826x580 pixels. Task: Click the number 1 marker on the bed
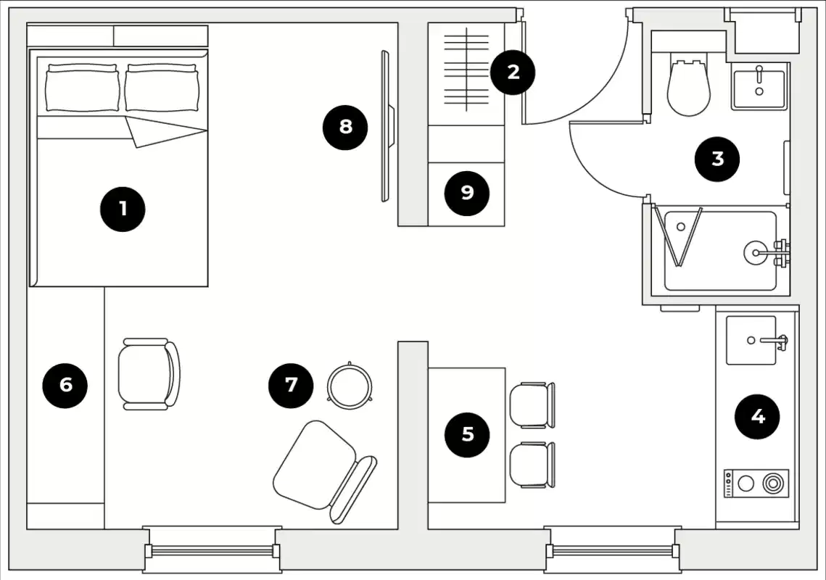[x=123, y=209]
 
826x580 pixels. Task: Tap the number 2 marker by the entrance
[x=513, y=72]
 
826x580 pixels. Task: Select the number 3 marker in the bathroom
[x=717, y=158]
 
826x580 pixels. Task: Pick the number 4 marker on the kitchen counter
[x=757, y=416]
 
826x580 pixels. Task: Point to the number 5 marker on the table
[x=468, y=434]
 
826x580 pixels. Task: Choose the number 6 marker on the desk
[x=65, y=384]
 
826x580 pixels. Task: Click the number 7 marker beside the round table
[x=291, y=384]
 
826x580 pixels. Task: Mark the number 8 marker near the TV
[x=345, y=127]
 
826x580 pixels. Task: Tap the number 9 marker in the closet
[x=467, y=192]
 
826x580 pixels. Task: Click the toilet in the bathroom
[x=687, y=86]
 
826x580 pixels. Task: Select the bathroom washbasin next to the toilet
[x=759, y=86]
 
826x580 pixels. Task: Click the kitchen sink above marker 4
[x=751, y=339]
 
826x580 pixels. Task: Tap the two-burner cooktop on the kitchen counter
[x=756, y=484]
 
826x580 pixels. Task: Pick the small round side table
[x=350, y=384]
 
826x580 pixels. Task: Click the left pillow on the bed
[x=82, y=87]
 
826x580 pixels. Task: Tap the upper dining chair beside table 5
[x=532, y=405]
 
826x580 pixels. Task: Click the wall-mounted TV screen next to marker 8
[x=385, y=126]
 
